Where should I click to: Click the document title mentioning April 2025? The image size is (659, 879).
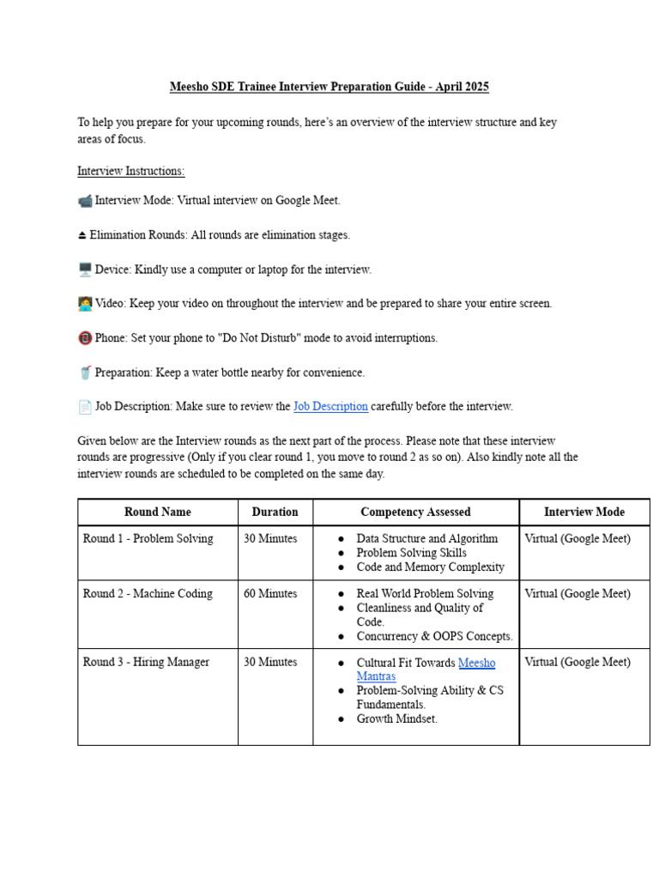pyautogui.click(x=329, y=88)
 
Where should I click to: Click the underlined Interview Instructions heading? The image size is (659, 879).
pyautogui.click(x=130, y=171)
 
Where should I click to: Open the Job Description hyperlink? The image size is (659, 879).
pyautogui.click(x=330, y=406)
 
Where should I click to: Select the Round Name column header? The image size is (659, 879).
pyautogui.click(x=158, y=512)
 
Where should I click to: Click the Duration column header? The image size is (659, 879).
pyautogui.click(x=275, y=512)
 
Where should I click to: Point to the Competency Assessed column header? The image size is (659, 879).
pyautogui.click(x=415, y=512)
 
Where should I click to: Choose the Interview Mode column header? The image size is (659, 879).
pyautogui.click(x=584, y=512)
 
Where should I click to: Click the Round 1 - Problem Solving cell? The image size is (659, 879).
pyautogui.click(x=148, y=539)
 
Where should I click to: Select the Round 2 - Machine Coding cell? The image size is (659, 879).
pyautogui.click(x=148, y=594)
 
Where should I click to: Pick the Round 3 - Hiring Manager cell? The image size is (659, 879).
pyautogui.click(x=146, y=663)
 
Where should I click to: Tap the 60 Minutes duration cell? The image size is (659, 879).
pyautogui.click(x=270, y=594)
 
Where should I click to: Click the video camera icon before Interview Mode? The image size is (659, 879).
pyautogui.click(x=85, y=201)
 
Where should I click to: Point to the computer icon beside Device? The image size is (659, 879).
pyautogui.click(x=85, y=270)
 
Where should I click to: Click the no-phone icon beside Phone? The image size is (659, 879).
pyautogui.click(x=85, y=338)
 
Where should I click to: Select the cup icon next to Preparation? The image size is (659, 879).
pyautogui.click(x=85, y=373)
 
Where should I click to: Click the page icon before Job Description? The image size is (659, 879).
pyautogui.click(x=85, y=407)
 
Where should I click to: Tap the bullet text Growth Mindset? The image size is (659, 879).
pyautogui.click(x=397, y=719)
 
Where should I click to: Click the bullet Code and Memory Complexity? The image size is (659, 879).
pyautogui.click(x=431, y=567)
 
